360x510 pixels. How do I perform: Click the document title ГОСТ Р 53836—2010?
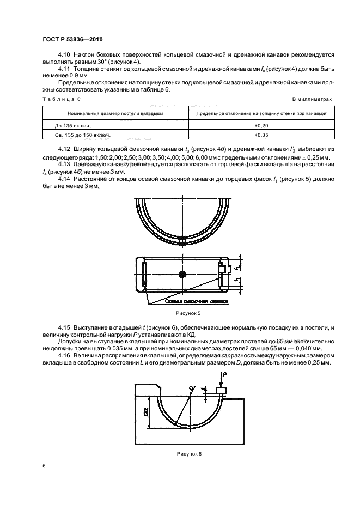(x=72, y=40)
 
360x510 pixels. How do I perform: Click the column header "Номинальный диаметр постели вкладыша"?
(x=115, y=113)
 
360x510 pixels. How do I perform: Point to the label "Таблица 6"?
(x=60, y=99)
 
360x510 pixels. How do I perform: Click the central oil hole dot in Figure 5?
(x=182, y=274)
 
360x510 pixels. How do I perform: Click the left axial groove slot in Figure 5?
(x=144, y=274)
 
